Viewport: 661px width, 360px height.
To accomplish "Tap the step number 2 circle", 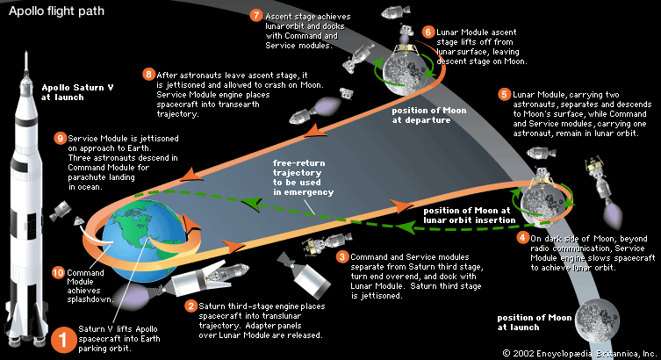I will coord(191,306).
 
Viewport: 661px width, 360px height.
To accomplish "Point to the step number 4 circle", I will coord(523,238).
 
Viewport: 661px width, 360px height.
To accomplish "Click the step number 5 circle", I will coord(503,95).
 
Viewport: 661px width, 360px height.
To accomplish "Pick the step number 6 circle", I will coord(428,32).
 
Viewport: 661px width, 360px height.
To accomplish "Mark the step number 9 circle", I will coord(61,138).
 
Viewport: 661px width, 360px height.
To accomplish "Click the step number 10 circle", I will coord(60,272).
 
